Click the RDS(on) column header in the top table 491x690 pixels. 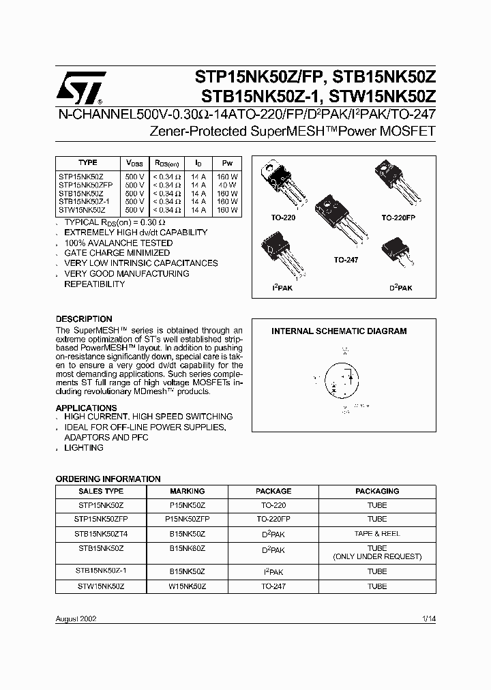166,164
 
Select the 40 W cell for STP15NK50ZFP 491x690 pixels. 227,184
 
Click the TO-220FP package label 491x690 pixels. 398,217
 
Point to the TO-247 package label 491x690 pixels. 346,260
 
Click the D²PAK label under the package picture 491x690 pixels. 402,288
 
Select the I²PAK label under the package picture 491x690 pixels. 283,288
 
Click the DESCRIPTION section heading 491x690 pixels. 84,319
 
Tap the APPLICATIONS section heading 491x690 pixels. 86,408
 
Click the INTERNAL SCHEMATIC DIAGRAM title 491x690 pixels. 339,331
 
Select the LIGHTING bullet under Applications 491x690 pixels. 84,448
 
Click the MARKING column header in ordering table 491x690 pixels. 187,491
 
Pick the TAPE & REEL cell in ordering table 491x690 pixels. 377,534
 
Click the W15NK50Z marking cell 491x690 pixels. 187,586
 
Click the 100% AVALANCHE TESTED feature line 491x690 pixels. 118,243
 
